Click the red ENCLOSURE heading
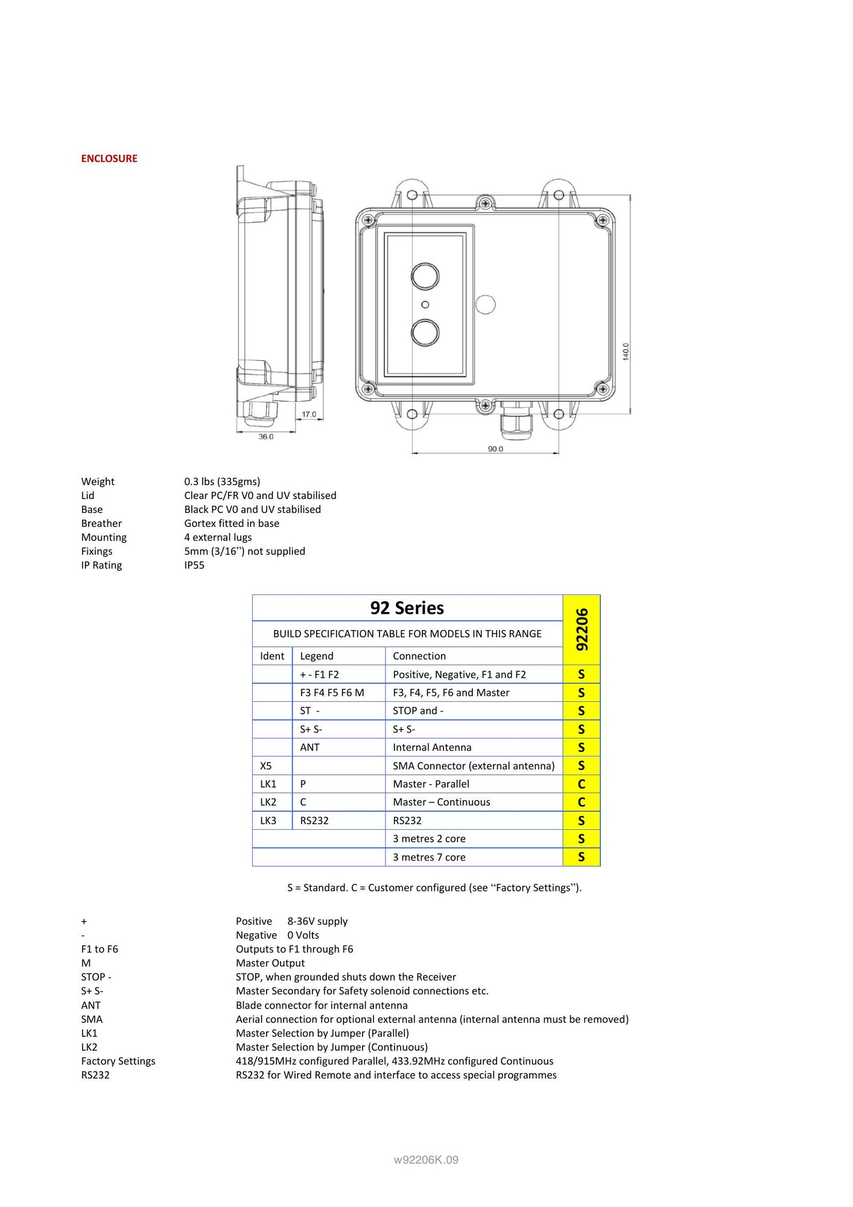click(x=109, y=159)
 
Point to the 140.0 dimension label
click(x=626, y=351)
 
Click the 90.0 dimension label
click(x=495, y=449)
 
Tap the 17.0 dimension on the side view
click(x=309, y=415)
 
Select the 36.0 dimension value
click(x=266, y=436)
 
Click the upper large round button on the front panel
click(x=425, y=276)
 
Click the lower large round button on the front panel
click(x=425, y=333)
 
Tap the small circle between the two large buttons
click(x=425, y=305)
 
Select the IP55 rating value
click(x=194, y=565)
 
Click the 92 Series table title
click(x=407, y=608)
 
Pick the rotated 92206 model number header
click(x=582, y=629)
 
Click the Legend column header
click(x=317, y=656)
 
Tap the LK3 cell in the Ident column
click(x=268, y=821)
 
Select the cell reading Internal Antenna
click(x=432, y=748)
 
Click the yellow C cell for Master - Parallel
click(x=582, y=784)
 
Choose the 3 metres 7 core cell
click(x=429, y=858)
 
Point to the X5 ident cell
click(x=266, y=766)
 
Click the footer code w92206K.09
click(x=426, y=1159)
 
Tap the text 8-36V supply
click(x=317, y=922)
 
